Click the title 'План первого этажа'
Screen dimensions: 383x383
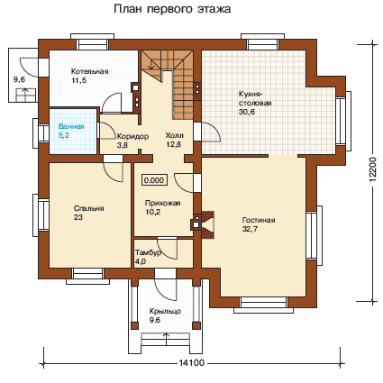tap(172, 9)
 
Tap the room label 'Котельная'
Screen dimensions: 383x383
tap(89, 71)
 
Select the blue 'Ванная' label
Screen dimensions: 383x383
tap(71, 126)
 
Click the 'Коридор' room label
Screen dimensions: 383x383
tap(132, 137)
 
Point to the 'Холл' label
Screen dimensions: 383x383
tap(174, 135)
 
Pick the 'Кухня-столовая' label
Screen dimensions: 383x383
tap(255, 98)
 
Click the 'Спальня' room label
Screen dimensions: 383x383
tap(88, 208)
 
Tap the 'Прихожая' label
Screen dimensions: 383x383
tap(162, 203)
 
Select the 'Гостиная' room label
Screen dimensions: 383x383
tap(259, 220)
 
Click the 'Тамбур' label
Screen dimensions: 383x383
tap(148, 252)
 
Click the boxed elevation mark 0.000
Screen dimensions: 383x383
tap(154, 180)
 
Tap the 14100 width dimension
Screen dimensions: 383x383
tap(192, 363)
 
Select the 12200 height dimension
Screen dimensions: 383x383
tap(372, 169)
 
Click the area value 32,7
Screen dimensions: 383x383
tap(250, 229)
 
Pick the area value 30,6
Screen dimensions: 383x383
tap(246, 112)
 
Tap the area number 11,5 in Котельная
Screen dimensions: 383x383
tap(78, 80)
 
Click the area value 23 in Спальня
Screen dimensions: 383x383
tap(78, 217)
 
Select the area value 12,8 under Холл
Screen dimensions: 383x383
tap(174, 144)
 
